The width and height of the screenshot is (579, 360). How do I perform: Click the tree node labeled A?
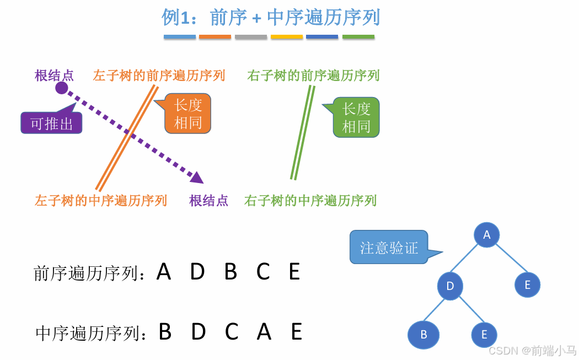[x=486, y=235]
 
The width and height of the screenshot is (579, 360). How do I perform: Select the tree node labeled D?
[x=450, y=286]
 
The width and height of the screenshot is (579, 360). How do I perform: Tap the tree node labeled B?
[x=423, y=335]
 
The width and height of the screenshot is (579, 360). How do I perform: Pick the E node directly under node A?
[x=527, y=284]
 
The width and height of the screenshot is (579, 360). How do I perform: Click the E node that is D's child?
[x=484, y=335]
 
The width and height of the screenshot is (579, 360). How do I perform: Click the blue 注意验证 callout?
[x=389, y=248]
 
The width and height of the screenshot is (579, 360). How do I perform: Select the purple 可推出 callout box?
[x=51, y=123]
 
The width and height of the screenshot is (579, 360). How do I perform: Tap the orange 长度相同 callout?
[x=188, y=114]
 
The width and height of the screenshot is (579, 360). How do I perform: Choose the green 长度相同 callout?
[x=356, y=117]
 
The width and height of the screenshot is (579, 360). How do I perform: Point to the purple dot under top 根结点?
[x=62, y=88]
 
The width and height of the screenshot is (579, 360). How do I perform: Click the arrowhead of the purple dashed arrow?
[x=197, y=177]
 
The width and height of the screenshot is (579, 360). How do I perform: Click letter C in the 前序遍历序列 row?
[x=263, y=272]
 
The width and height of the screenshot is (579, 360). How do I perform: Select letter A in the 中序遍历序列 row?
[x=264, y=332]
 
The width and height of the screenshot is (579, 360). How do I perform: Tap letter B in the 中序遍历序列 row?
[x=165, y=332]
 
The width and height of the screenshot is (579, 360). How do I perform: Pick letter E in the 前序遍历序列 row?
[x=294, y=272]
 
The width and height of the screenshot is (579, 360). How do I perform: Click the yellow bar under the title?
[x=287, y=37]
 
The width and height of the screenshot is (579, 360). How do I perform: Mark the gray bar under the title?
[x=251, y=37]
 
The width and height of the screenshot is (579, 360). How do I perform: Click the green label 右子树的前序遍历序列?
[x=313, y=76]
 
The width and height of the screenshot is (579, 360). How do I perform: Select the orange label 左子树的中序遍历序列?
[x=101, y=200]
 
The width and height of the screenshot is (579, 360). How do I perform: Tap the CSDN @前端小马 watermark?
[x=532, y=351]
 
